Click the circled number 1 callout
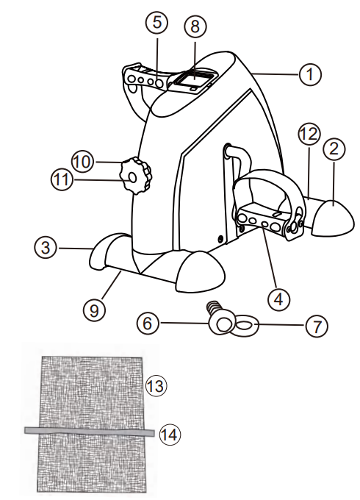pyautogui.click(x=311, y=74)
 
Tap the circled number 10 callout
pyautogui.click(x=82, y=158)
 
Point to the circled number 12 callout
pyautogui.click(x=308, y=135)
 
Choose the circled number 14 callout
pyautogui.click(x=168, y=435)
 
